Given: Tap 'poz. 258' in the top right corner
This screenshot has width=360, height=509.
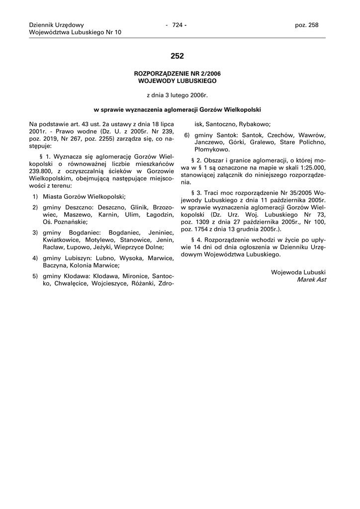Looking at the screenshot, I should point(307,25).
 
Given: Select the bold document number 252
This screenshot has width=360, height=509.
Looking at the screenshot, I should point(177,56).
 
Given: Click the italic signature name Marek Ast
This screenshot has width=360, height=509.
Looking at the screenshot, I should point(311,280).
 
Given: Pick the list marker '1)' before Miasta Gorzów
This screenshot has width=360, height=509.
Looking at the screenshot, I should point(36,197).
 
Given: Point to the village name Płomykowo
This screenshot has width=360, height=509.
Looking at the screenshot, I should point(212,149).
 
